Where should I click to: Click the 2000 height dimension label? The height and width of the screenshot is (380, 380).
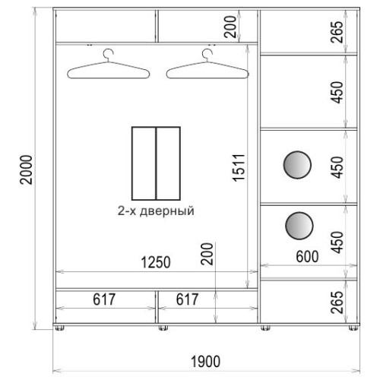pos(27,169)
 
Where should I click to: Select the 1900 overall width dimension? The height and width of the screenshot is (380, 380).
pos(205,362)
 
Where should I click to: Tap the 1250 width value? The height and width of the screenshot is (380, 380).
pos(156,262)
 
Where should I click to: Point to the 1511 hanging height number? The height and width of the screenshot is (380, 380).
pos(239,167)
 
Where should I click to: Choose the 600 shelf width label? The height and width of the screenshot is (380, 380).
pos(307,256)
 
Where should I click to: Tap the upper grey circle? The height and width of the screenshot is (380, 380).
pos(297,165)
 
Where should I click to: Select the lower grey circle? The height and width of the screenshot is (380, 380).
pos(299,226)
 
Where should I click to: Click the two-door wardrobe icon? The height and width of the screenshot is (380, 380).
pos(156,163)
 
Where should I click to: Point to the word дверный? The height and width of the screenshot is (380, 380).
pos(167,211)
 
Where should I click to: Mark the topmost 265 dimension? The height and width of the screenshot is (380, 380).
pos(337,32)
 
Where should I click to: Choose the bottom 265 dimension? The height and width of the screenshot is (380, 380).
pos(337,302)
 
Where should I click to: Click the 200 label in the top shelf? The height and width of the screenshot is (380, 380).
pos(230,27)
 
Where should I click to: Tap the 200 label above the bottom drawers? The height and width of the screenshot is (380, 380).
pos(207,254)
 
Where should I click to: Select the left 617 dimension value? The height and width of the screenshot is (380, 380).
pos(104,299)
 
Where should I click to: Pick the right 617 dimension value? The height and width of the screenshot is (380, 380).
pos(187,299)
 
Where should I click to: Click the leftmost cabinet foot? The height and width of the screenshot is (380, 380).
pos(60,328)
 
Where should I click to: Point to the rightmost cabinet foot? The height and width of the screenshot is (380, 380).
pos(353,328)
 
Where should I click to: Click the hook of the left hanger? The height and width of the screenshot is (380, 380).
pos(108,55)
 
